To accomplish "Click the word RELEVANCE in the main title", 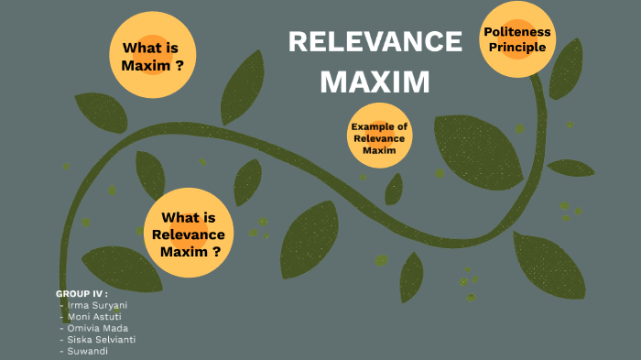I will coord(375,42).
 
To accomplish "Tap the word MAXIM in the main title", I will coord(375,82).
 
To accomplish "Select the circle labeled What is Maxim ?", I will coord(153,57).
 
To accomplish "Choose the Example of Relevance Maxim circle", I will coord(379,137).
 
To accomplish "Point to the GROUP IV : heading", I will coord(81,293).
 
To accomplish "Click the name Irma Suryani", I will coord(97,304).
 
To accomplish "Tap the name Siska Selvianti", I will coord(101,340).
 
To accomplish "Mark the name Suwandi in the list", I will coord(88,351).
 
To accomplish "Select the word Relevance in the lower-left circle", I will coord(188,235).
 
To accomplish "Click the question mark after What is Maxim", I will coord(179,66).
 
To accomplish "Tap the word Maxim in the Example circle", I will coord(379,150).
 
